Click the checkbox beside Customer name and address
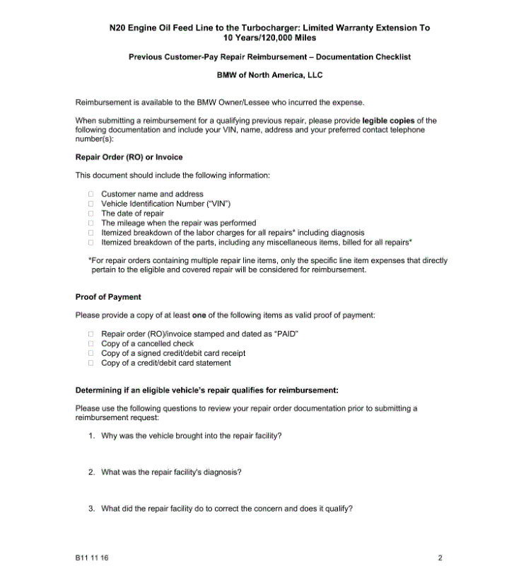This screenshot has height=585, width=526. [90, 194]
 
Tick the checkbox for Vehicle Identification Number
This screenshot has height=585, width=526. [90, 204]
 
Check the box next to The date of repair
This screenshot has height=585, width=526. [90, 213]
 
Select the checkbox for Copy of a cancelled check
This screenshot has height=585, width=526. [90, 344]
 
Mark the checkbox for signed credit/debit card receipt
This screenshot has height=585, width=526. [90, 353]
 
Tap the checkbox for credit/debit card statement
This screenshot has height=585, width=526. [90, 363]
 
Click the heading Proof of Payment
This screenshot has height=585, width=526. [108, 297]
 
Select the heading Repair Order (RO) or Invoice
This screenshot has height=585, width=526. [129, 157]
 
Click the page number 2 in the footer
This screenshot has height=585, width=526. [440, 558]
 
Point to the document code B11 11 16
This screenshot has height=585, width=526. [92, 558]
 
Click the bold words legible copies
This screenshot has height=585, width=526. [389, 121]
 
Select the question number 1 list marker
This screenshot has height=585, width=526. [91, 436]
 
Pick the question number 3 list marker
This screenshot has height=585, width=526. [91, 509]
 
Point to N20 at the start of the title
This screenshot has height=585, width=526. [118, 28]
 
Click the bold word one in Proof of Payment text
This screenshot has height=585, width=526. [199, 315]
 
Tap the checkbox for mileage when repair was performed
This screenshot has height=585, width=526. [90, 223]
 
